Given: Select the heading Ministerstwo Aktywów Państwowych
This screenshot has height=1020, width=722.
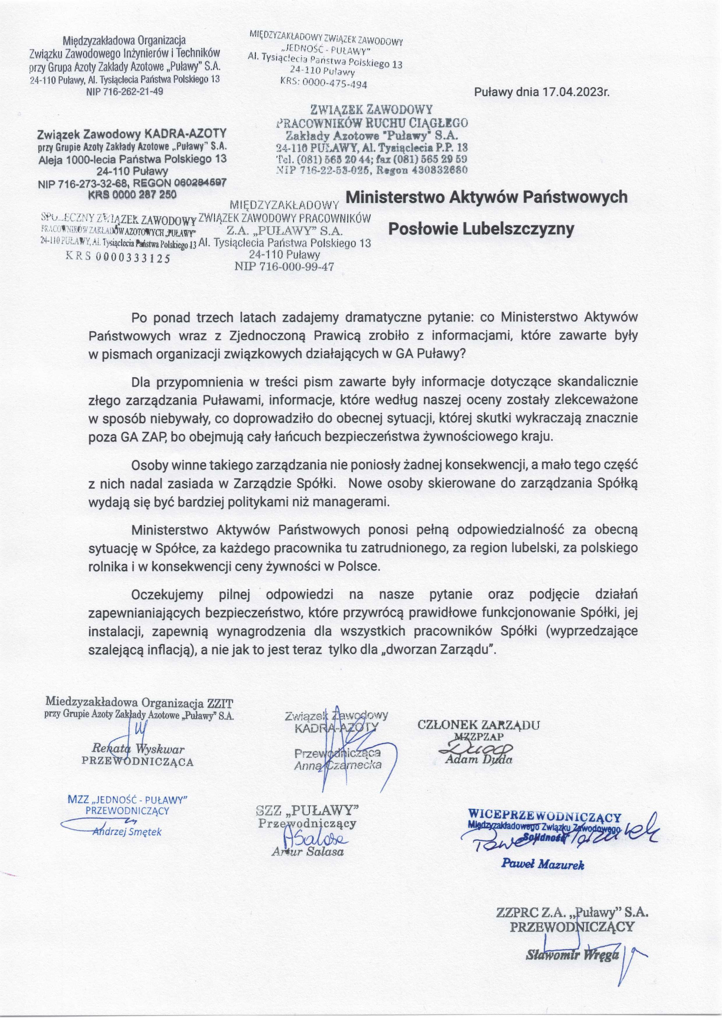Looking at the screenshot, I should [x=486, y=197].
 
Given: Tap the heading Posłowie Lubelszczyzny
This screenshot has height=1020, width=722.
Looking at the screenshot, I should [x=482, y=229].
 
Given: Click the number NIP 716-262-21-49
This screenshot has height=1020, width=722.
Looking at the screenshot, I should [x=124, y=92].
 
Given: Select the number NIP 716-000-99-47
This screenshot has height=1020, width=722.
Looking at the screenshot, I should [x=284, y=267].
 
